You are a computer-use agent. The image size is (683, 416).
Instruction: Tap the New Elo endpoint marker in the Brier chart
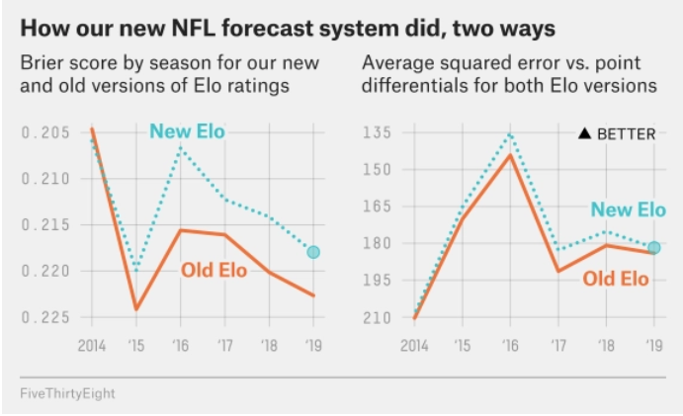pyautogui.click(x=313, y=252)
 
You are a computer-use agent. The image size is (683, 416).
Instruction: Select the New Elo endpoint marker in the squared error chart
pyautogui.click(x=653, y=247)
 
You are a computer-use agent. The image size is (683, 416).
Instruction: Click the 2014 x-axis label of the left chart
pyautogui.click(x=91, y=346)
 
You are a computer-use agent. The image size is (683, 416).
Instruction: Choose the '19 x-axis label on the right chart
pyautogui.click(x=652, y=346)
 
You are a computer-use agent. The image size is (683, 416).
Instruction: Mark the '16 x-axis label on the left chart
pyautogui.click(x=179, y=346)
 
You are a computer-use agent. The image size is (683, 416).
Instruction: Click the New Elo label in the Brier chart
pyautogui.click(x=187, y=130)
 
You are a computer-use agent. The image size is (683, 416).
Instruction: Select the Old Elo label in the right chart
pyautogui.click(x=616, y=279)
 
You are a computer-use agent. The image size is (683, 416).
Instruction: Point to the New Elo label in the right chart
pyautogui.click(x=628, y=209)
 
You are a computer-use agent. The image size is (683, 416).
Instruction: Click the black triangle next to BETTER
pyautogui.click(x=585, y=133)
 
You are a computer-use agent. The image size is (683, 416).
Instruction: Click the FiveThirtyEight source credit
pyautogui.click(x=66, y=393)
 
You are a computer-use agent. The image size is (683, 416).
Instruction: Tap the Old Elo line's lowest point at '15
pyautogui.click(x=135, y=309)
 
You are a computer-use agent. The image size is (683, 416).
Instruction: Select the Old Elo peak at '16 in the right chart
pyautogui.click(x=510, y=155)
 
